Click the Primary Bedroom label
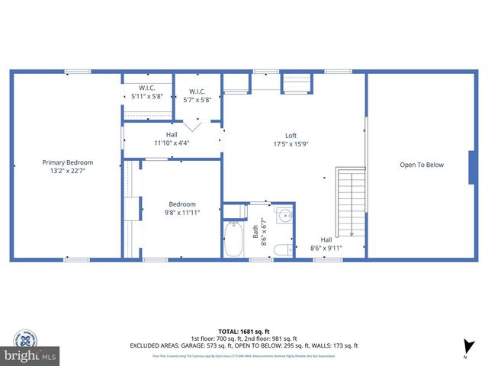(x=67, y=162)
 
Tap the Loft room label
(x=291, y=136)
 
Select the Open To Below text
(x=422, y=165)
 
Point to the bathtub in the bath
(x=233, y=239)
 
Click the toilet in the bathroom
(x=281, y=249)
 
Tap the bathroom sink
(x=284, y=215)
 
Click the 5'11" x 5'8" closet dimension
(x=147, y=96)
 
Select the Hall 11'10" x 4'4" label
(x=172, y=139)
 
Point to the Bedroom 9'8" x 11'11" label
(x=182, y=208)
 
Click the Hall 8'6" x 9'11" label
(x=326, y=243)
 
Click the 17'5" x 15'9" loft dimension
(x=291, y=143)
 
